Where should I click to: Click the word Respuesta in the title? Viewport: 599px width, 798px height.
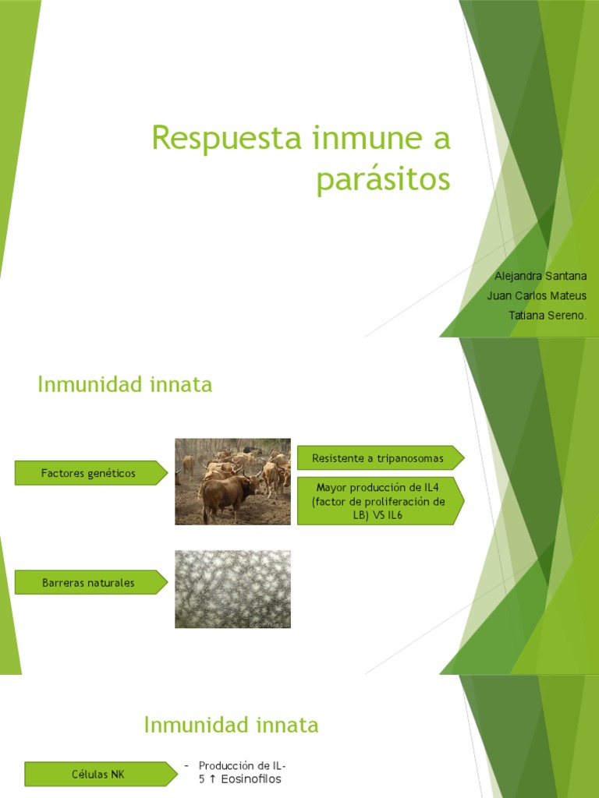pos(225,139)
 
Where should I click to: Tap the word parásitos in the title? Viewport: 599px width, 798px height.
pos(383,179)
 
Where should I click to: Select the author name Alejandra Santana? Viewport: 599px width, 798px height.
pos(541,276)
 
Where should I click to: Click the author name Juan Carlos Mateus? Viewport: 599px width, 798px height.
pos(536,295)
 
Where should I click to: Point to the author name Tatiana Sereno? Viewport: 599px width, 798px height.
pos(547,315)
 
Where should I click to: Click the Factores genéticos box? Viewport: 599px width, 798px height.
pos(89,473)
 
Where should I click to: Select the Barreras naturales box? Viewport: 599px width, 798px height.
pos(89,582)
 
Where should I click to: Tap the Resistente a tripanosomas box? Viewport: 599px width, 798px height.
pos(378,458)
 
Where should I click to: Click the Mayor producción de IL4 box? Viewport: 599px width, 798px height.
pos(378,501)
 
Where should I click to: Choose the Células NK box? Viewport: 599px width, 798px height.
pos(100,774)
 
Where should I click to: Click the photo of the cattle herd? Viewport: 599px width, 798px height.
pos(232,481)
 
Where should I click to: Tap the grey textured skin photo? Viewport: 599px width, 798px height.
pos(232,589)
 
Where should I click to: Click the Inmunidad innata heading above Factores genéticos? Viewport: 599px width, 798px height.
pos(125,384)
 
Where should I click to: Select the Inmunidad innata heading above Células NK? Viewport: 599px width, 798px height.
pos(231,725)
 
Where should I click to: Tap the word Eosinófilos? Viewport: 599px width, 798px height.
pos(251,779)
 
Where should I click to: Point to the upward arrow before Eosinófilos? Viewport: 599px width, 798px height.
pos(213,779)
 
